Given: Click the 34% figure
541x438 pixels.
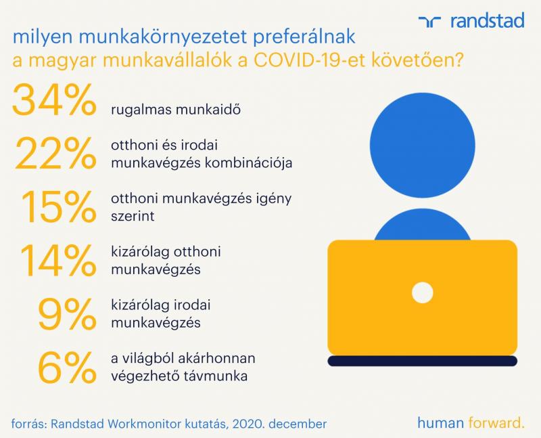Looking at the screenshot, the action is click(54, 100).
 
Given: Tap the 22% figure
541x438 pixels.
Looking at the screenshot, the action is click(55, 153).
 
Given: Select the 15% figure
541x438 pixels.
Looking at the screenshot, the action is click(59, 206).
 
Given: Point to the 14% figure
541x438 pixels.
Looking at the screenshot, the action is click(58, 260).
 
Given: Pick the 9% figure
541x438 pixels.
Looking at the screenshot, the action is click(67, 313).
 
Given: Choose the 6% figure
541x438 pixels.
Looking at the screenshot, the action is click(67, 367).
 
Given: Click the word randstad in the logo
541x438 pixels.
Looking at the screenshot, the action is click(488, 21).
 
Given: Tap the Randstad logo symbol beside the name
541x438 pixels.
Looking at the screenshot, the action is click(429, 22).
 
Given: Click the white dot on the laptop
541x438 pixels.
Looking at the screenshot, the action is click(422, 292).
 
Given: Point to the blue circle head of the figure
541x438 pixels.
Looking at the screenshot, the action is click(422, 146).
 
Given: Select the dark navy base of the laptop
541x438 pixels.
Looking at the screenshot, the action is click(422, 361).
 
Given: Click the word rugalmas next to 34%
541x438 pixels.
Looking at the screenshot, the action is click(141, 110).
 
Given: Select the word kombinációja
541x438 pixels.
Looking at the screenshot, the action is click(248, 163).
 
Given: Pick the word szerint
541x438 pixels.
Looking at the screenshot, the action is click(133, 216).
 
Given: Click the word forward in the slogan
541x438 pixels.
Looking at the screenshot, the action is click(496, 422).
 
